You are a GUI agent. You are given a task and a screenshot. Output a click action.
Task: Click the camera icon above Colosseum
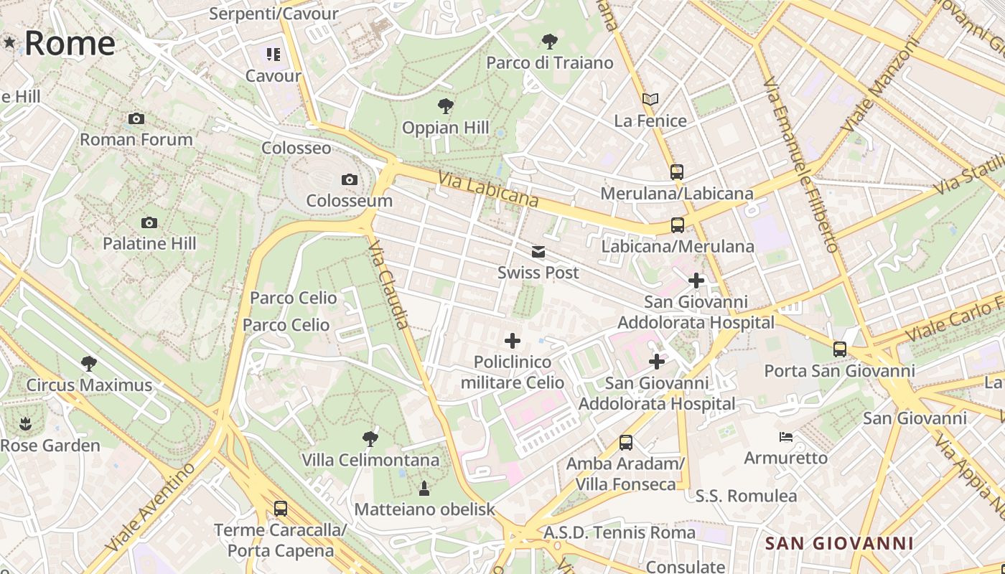pos(350,179)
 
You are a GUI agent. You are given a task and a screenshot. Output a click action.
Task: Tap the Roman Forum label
pos(136,139)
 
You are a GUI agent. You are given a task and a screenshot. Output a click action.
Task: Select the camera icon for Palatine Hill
pos(149,222)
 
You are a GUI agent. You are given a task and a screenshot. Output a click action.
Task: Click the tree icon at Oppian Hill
pos(445,107)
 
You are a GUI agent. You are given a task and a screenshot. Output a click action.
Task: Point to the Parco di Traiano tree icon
pos(550,42)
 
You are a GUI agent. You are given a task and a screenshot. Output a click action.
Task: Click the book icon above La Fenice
pos(650,99)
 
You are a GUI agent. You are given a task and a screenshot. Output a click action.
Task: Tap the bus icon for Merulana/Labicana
pos(676,172)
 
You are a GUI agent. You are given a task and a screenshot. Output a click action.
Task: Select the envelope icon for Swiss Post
pos(538,252)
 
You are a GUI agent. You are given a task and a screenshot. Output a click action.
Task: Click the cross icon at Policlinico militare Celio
pos(512,341)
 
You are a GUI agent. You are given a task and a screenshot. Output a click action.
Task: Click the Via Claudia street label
pos(388,285)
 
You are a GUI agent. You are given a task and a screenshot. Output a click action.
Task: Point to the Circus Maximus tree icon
pos(89,364)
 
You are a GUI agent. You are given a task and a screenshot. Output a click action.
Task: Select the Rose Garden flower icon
pos(26,424)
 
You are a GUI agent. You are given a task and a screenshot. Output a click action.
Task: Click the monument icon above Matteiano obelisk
pos(424,489)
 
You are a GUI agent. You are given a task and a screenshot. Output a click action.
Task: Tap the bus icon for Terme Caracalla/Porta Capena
pos(281,509)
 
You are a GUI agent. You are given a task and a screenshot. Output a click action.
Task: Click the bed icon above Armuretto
pos(786,436)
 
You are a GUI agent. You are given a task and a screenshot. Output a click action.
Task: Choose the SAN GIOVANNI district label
pos(839,543)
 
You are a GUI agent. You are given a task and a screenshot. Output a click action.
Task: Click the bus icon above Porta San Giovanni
pos(839,349)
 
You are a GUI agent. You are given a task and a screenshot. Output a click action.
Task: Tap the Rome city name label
pos(70,43)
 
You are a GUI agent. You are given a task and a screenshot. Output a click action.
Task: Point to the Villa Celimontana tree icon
pos(370,438)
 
